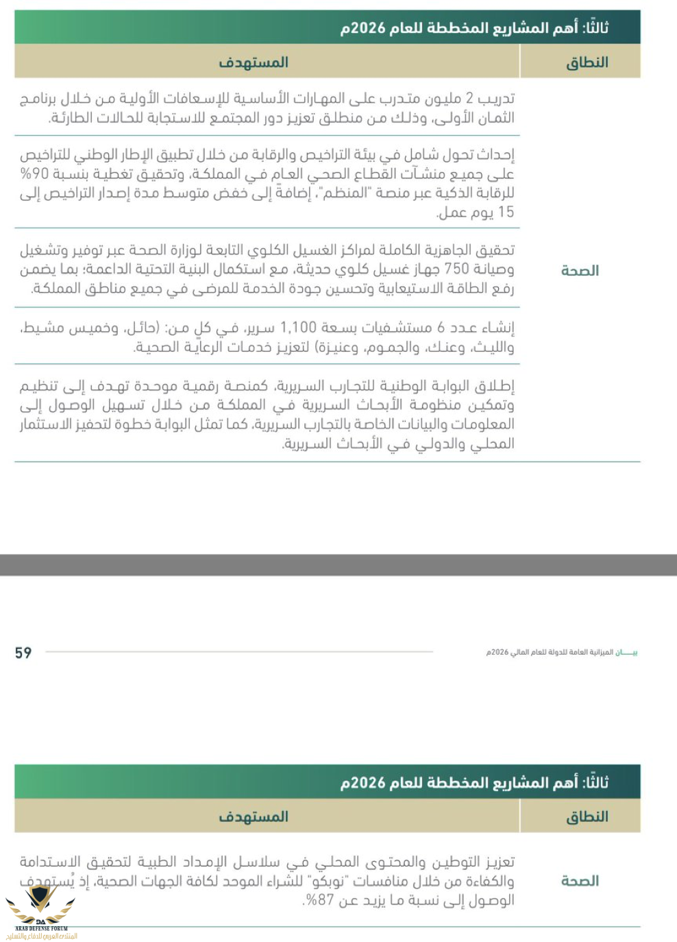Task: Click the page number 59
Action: pos(23,653)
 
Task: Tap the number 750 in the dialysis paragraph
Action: pos(457,269)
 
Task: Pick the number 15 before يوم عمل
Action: pos(506,212)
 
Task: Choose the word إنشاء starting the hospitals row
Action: pos(496,328)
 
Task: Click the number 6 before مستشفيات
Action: pos(441,328)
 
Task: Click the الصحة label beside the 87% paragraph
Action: pos(580,881)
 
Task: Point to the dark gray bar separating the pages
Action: pos(338,564)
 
